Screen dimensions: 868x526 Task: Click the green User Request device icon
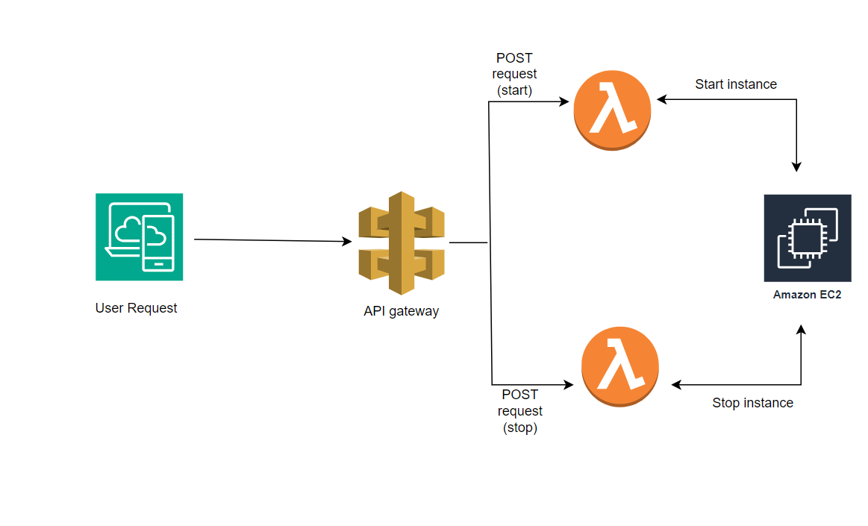pos(139,237)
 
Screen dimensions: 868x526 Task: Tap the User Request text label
pos(136,308)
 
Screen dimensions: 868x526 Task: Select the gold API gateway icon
pos(402,242)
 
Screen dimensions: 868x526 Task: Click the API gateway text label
pos(402,311)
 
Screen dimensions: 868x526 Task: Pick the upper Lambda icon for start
pos(612,110)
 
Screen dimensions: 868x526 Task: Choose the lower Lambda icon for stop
pos(620,366)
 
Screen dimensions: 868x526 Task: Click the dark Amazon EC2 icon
pos(808,238)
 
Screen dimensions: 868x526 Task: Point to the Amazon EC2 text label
pos(807,295)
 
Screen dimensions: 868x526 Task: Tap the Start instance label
pos(736,84)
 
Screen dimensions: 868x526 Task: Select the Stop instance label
pos(753,403)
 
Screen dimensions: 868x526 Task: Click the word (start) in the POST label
pos(514,90)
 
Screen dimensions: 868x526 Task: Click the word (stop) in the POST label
pos(520,428)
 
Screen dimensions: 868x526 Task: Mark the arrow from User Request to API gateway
pos(273,240)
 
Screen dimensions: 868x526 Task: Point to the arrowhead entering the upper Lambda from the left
pos(564,101)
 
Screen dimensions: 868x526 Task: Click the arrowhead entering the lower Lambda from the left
pos(569,384)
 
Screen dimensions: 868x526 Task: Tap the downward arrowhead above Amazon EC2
pos(796,167)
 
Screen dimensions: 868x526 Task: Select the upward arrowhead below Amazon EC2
pos(801,330)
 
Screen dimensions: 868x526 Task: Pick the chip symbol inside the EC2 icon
pos(808,239)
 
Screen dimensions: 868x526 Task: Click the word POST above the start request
pos(514,58)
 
